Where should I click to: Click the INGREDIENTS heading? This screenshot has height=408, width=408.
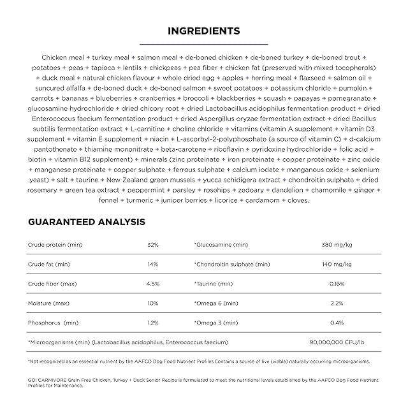click(x=203, y=31)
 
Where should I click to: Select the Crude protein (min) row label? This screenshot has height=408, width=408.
click(x=55, y=245)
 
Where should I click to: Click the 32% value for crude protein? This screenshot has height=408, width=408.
click(x=152, y=245)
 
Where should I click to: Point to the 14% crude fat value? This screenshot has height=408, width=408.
click(x=152, y=264)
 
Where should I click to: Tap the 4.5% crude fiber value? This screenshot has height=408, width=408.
click(x=152, y=283)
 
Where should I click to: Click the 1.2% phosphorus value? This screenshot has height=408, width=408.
click(x=152, y=323)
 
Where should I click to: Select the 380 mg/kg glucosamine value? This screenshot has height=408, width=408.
click(x=339, y=245)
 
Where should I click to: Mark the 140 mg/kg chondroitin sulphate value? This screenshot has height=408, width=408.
click(x=339, y=264)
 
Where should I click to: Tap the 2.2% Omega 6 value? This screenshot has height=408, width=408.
click(x=339, y=303)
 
